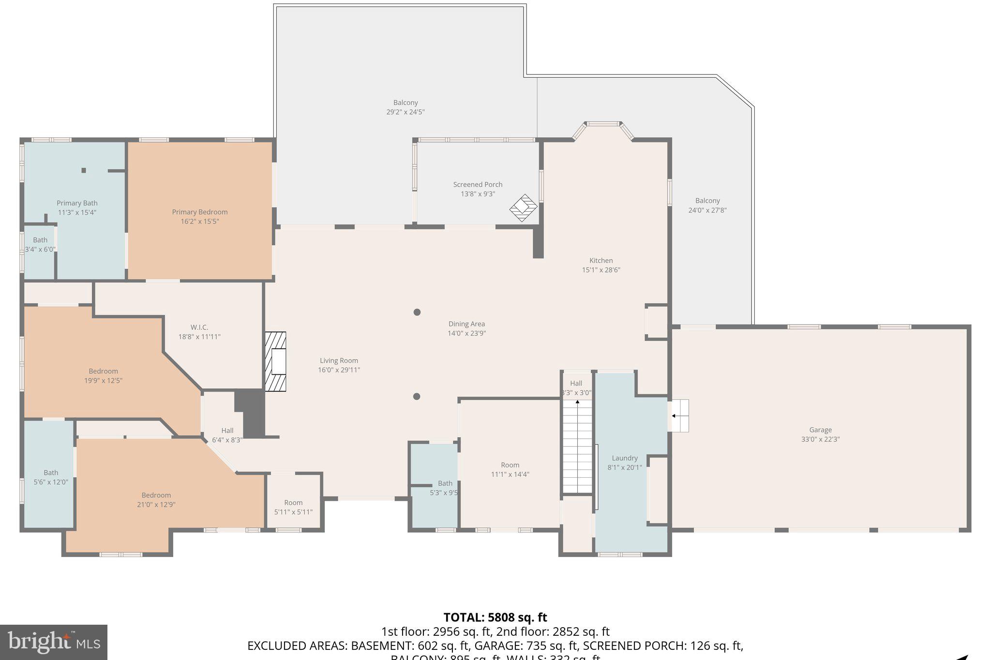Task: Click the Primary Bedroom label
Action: [199, 212]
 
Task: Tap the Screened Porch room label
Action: [478, 184]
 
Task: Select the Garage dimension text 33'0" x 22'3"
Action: [820, 440]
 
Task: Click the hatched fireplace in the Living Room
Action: [275, 361]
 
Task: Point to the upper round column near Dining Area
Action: [417, 312]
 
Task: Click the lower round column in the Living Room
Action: [417, 396]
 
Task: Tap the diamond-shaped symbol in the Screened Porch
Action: [523, 208]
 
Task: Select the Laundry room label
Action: [625, 458]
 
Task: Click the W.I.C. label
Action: [199, 327]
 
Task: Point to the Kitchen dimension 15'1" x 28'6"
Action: [601, 270]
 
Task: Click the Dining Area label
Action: [466, 324]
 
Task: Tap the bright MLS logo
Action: [54, 642]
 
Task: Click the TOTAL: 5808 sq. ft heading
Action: [495, 617]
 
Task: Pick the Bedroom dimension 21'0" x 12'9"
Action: [156, 505]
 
